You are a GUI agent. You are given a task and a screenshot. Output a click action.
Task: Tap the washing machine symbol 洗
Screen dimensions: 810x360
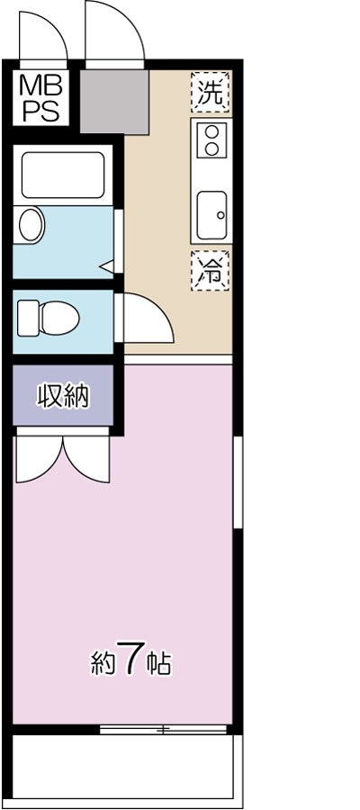(211, 91)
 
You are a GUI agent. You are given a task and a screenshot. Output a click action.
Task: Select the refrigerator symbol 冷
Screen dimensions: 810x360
(211, 270)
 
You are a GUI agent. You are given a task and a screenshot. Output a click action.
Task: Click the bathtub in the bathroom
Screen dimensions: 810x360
(62, 175)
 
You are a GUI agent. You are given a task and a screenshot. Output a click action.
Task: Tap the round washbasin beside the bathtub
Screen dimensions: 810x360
(31, 225)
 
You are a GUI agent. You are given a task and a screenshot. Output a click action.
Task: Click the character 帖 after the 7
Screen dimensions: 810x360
(158, 664)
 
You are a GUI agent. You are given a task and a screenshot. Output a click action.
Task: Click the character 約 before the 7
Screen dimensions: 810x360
(102, 664)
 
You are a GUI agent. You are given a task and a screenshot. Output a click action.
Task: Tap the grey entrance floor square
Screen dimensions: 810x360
(113, 100)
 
